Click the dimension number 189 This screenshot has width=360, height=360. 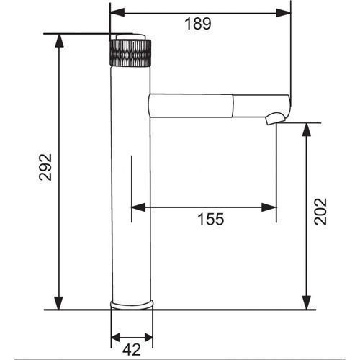(198, 24)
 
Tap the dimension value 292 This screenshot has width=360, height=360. (45, 167)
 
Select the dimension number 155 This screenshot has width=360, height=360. (211, 219)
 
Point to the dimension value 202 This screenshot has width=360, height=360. (320, 211)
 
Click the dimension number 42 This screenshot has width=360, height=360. (132, 350)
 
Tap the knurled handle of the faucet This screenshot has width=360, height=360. (131, 53)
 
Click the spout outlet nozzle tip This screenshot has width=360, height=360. (276, 119)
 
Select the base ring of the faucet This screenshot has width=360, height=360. (132, 305)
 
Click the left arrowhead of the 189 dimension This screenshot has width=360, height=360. (117, 12)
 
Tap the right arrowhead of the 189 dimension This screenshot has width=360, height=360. (283, 12)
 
